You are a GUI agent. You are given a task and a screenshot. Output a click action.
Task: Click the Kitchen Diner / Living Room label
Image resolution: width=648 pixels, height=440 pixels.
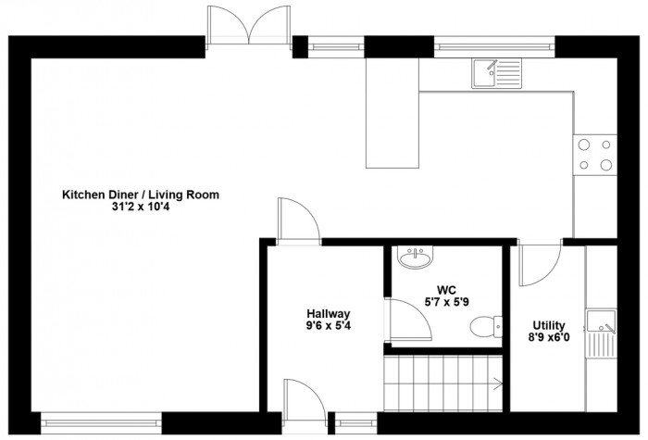[x=141, y=195]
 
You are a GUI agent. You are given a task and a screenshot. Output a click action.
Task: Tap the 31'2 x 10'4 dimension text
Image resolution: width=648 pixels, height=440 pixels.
[x=141, y=207]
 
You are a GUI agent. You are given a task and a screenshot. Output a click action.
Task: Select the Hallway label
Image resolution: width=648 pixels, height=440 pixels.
[x=328, y=314]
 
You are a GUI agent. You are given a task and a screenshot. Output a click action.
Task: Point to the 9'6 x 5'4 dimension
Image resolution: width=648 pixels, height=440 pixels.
[x=328, y=326]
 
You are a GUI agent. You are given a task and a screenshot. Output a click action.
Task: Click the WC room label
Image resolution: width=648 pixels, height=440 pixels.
[x=447, y=290]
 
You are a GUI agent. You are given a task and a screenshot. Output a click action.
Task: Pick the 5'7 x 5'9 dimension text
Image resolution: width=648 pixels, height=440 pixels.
[x=447, y=302]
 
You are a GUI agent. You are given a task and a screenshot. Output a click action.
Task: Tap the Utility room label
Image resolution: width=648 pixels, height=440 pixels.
[x=549, y=325]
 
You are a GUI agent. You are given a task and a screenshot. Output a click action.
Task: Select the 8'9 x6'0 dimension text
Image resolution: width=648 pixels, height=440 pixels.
[x=549, y=337]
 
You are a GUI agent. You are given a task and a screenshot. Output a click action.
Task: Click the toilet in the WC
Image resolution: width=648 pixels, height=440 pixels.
[x=486, y=325]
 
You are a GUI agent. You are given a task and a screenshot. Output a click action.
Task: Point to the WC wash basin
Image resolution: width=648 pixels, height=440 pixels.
[x=416, y=258]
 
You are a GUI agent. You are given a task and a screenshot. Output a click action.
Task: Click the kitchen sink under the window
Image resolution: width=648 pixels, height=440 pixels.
[x=497, y=73]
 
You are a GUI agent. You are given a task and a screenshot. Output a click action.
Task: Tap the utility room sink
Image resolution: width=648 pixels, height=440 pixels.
[x=602, y=333]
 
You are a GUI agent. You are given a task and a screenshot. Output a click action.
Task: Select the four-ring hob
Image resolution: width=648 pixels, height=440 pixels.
[x=594, y=155]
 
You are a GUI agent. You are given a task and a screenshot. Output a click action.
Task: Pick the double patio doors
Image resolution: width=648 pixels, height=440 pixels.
[x=249, y=25]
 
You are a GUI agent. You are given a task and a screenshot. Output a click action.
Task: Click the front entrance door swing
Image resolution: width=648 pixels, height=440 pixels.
[x=305, y=400]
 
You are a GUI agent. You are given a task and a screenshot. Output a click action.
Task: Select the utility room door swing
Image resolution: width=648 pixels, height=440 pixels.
[x=540, y=265]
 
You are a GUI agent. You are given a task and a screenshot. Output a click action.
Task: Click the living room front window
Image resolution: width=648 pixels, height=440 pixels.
[x=101, y=422]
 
